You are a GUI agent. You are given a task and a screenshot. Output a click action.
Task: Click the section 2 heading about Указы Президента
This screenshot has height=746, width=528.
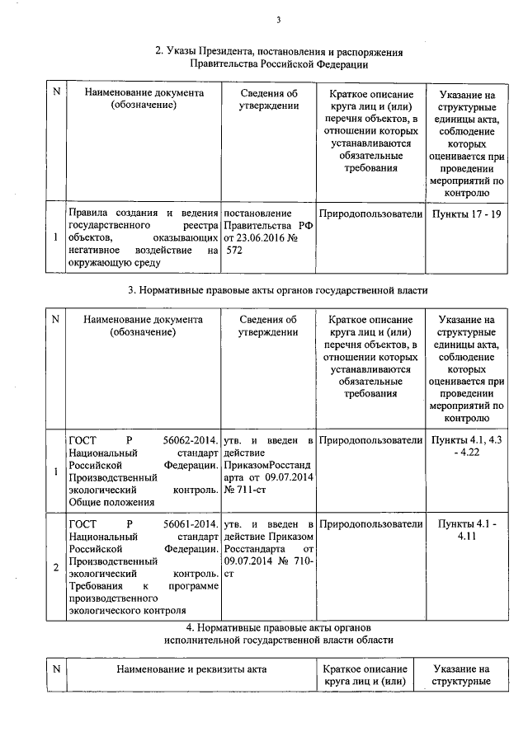(279, 57)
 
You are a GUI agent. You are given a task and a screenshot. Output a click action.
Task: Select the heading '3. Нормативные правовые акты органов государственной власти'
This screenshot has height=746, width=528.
(278, 290)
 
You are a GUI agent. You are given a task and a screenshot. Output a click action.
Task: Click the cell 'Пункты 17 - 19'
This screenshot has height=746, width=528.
(466, 213)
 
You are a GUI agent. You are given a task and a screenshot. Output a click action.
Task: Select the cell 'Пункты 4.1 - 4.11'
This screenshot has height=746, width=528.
(466, 530)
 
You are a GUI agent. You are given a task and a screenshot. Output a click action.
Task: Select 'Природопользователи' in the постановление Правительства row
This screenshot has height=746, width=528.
(370, 213)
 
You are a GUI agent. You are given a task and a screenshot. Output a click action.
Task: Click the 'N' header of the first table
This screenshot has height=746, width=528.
(55, 91)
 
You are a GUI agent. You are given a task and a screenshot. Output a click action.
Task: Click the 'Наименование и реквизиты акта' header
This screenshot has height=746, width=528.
(191, 670)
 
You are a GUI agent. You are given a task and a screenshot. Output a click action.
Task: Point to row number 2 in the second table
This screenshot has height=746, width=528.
(55, 568)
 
